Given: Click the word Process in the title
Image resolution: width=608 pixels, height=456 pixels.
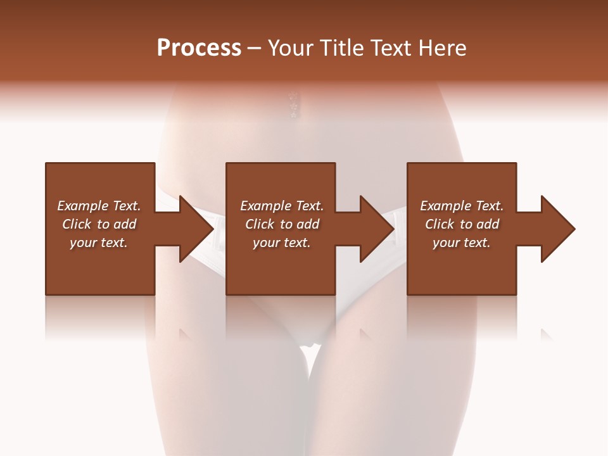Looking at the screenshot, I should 199,48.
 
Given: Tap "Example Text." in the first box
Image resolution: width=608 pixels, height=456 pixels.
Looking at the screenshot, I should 99,206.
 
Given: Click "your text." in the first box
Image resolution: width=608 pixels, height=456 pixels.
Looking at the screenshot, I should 99,243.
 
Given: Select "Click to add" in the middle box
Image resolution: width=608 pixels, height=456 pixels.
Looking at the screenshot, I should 282,224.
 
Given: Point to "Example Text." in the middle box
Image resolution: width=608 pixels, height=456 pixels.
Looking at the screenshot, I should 282,206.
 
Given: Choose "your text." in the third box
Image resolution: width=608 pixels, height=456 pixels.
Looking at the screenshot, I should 462,243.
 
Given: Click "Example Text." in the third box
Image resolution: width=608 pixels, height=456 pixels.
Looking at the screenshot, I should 462,206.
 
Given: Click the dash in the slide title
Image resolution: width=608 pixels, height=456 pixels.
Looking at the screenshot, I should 255,49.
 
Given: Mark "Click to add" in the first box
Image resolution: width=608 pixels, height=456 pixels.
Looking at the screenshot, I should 99,224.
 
